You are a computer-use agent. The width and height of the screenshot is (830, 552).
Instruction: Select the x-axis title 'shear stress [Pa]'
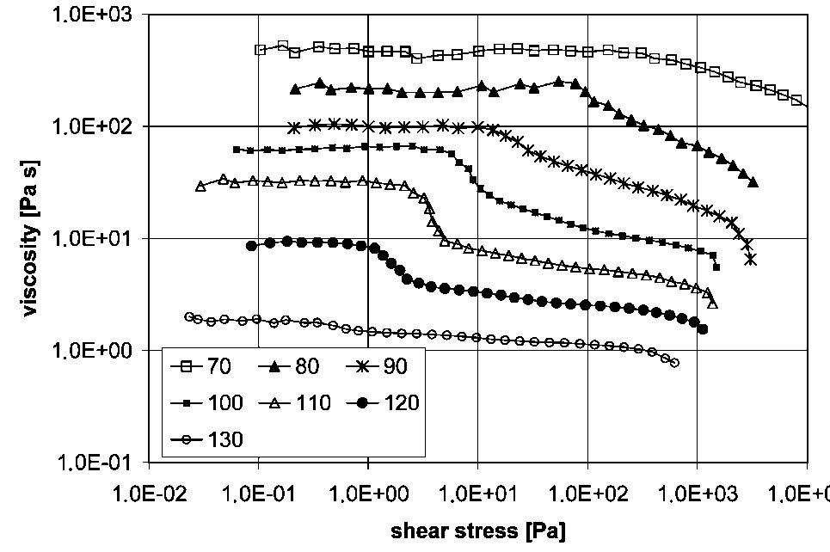click(x=478, y=531)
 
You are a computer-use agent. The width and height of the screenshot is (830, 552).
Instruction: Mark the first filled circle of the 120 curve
click(x=251, y=246)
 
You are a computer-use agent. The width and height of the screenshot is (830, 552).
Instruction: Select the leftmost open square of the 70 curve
click(x=260, y=50)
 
